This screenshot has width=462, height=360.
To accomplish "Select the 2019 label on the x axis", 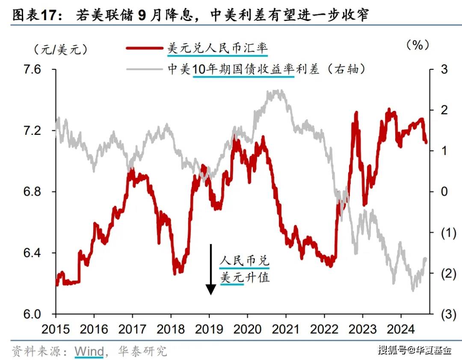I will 209,329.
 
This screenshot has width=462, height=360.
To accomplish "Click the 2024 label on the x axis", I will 401,329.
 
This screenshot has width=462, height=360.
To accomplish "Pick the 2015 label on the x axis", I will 56,329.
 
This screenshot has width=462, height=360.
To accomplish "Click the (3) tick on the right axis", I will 442,315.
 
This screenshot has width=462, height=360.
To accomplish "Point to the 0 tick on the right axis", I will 444,191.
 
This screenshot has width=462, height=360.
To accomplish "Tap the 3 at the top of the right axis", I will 444,70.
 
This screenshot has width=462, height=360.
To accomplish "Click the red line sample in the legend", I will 145,48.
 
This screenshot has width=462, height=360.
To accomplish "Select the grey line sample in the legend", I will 145,68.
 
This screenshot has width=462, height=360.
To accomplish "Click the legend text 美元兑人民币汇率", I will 217,48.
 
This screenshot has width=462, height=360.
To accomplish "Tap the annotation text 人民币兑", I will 245,260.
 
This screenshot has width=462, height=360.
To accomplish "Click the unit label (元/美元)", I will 60,49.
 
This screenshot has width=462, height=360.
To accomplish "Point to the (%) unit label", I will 418,45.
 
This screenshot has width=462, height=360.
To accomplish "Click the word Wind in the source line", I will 89,351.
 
